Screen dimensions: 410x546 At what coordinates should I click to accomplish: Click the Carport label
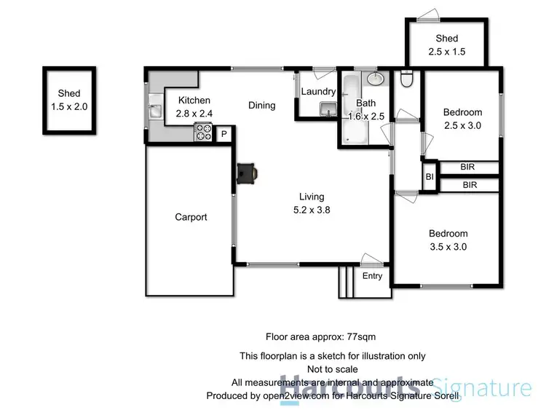coord(191,217)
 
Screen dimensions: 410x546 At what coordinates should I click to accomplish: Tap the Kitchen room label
coord(193,100)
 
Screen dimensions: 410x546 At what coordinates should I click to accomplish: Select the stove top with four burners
coord(202,133)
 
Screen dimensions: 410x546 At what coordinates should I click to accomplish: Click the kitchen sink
coord(156,111)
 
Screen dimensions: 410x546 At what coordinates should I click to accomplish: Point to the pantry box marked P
coord(223,134)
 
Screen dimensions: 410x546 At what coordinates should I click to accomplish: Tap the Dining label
coord(261,106)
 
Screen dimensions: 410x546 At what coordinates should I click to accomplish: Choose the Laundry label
coord(318,92)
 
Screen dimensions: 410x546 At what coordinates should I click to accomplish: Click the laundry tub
coord(327,109)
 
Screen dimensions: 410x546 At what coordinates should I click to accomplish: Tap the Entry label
coord(372,276)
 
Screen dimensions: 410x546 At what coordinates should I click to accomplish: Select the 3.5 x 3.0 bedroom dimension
coord(448,247)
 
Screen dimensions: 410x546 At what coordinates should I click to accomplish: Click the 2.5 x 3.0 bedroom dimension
coord(463,125)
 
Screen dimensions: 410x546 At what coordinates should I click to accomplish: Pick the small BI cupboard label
coord(430,176)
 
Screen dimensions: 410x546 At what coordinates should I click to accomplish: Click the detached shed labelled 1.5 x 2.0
coord(69,100)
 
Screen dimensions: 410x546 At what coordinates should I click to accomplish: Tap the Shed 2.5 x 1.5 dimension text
coord(446,51)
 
